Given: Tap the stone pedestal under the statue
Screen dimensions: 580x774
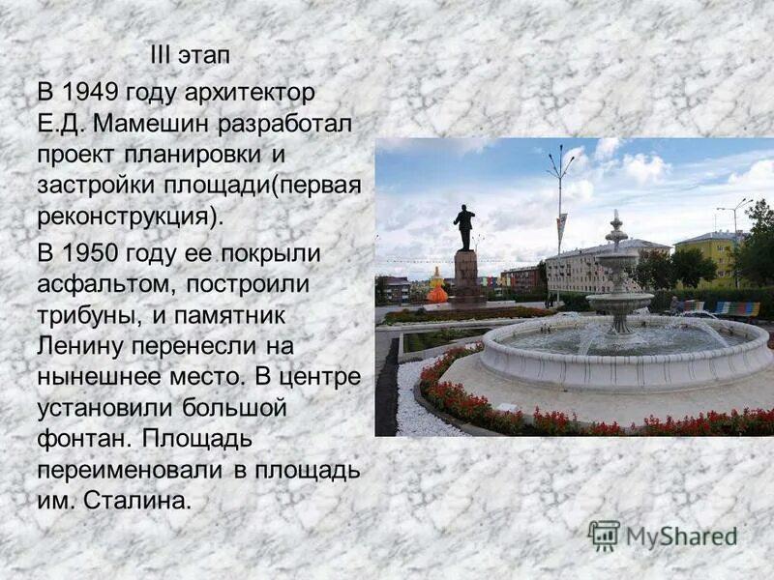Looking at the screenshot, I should coord(466,275).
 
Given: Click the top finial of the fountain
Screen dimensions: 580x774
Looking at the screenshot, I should coord(615,218).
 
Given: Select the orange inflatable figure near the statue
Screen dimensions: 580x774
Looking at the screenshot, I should coord(437,290).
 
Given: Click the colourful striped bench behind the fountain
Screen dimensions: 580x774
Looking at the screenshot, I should coord(737,308).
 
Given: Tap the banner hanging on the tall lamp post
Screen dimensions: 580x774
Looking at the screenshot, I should coord(561,233).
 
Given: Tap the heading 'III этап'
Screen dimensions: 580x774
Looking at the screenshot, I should coord(190,55).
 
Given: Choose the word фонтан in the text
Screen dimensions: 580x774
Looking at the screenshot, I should coord(81,438).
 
